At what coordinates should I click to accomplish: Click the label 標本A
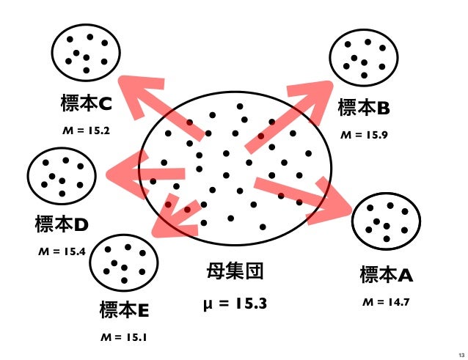386,276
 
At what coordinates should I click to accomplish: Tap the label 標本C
85,105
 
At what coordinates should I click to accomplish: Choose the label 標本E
124,311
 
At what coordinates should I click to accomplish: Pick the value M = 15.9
364,136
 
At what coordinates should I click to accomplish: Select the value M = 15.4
62,251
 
